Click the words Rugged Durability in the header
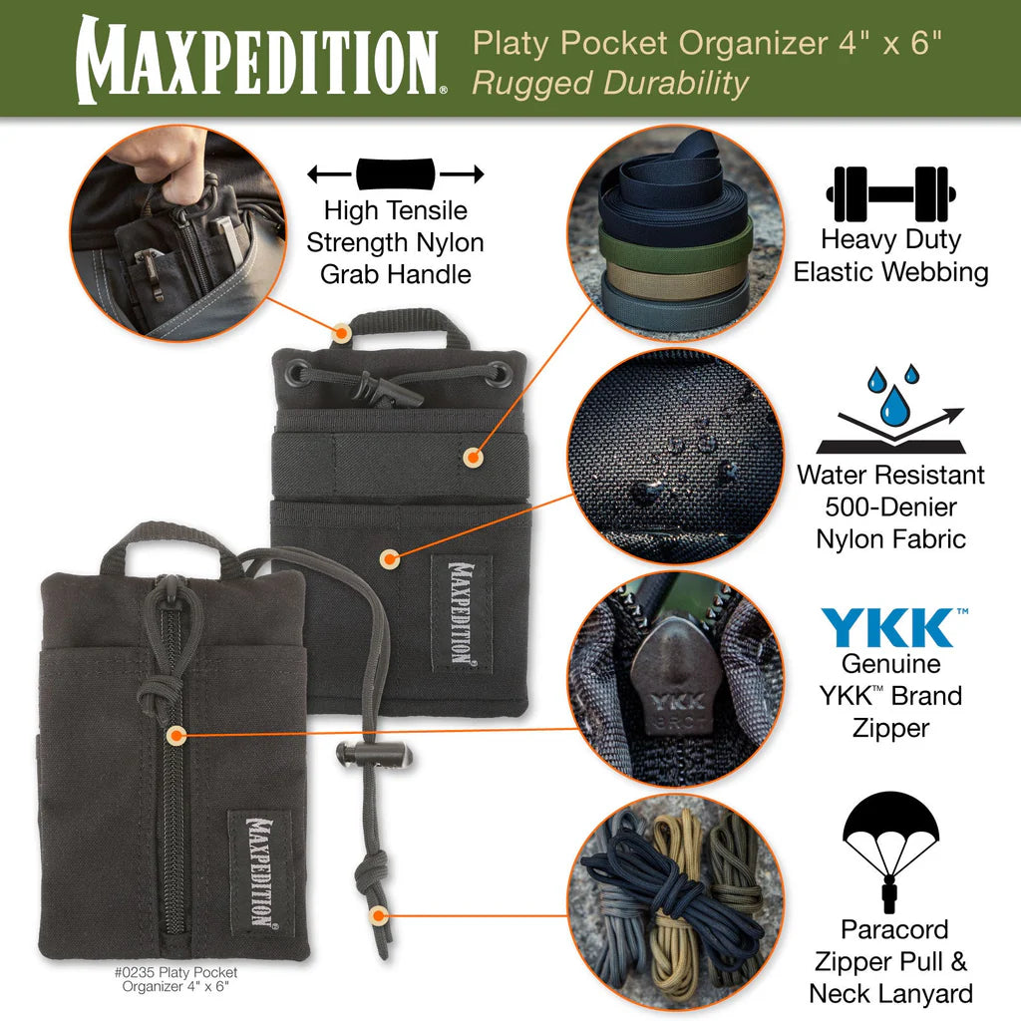pos(609,84)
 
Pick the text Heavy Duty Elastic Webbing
pos(890,255)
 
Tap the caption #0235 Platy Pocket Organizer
pos(188,978)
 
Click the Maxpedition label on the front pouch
pos(258,871)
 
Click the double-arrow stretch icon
pos(396,174)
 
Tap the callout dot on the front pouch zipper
pos(175,736)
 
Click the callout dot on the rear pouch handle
pos(342,331)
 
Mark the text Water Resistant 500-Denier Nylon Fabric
pos(890,507)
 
